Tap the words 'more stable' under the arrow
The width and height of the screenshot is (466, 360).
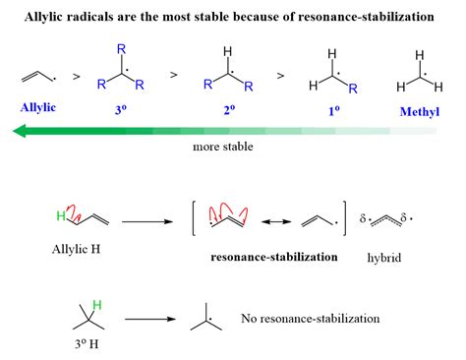coord(225,149)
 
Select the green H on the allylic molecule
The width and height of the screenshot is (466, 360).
coord(58,214)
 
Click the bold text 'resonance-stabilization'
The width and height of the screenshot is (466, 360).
coord(274,257)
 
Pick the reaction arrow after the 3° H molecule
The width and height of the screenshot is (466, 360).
coord(155,319)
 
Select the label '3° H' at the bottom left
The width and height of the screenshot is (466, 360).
coord(87,345)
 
